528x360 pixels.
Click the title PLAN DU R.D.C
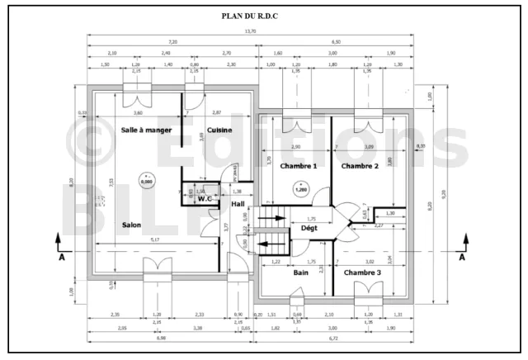pos(264,16)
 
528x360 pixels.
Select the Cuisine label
pos(219,130)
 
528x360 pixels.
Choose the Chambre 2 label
pos(360,166)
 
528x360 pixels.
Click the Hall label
pos(238,205)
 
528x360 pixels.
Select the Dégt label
pos(309,228)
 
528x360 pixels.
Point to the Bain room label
pos(301,272)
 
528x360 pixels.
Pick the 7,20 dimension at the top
pos(172,41)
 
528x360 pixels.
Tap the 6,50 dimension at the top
pos(336,41)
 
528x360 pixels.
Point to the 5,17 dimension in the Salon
pos(155,240)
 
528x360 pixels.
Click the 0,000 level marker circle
pos(146,179)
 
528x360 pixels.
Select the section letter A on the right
pos(462,257)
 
